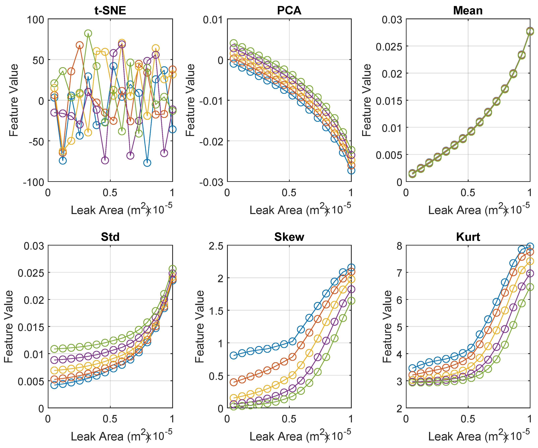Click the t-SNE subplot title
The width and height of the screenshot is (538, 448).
pos(110,11)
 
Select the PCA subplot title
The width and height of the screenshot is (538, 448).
pos(289,11)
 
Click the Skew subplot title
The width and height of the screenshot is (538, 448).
pos(289,237)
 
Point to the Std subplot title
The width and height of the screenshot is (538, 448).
pos(110,237)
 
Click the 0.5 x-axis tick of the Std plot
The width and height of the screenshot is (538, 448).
pos(110,419)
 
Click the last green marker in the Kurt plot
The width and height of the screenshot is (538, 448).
pos(530,287)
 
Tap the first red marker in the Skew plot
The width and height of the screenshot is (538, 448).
pos(233,382)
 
